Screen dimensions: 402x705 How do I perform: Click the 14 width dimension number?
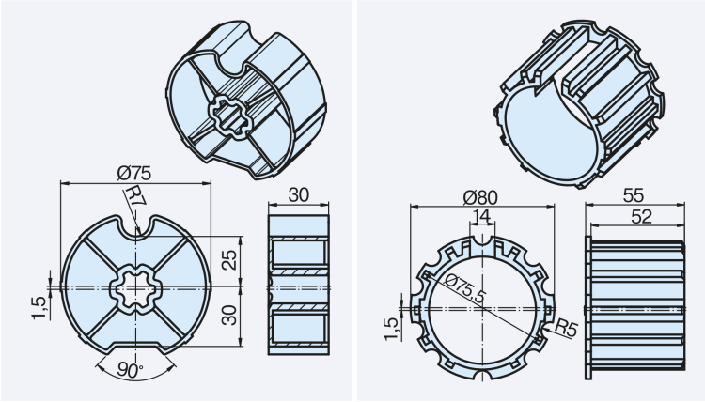click(x=481, y=217)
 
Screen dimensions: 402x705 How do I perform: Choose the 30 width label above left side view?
click(x=298, y=194)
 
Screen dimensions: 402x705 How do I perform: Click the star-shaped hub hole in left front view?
click(x=135, y=287)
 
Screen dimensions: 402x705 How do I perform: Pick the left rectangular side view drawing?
click(x=298, y=286)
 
